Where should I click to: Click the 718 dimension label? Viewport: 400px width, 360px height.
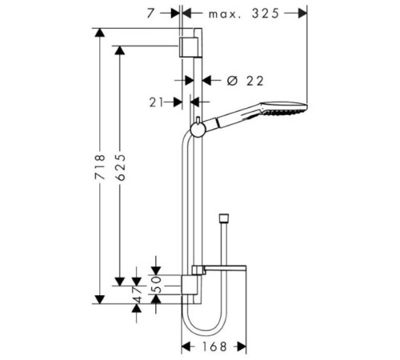[100, 166]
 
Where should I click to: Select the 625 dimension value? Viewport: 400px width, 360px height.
[120, 167]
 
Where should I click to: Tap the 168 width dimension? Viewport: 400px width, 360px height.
[214, 346]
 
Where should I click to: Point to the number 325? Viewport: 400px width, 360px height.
[266, 13]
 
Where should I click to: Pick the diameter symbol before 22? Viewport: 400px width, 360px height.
[232, 81]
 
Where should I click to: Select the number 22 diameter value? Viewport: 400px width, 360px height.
[254, 81]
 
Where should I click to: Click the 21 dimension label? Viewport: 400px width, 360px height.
[156, 102]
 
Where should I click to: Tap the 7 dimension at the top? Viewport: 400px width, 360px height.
[150, 14]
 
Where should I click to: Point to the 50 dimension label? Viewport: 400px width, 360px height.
[158, 284]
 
